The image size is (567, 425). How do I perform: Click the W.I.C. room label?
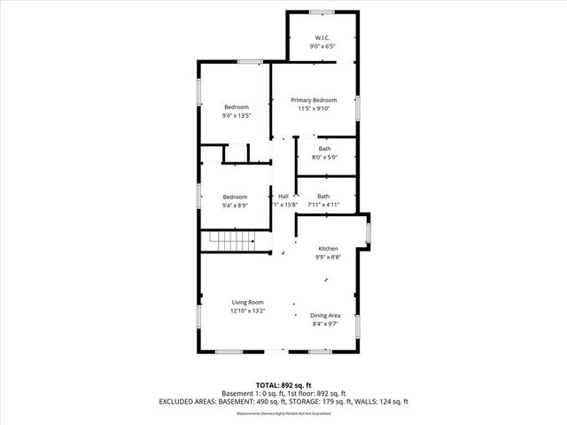(322, 37)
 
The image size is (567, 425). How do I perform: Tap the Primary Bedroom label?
(315, 100)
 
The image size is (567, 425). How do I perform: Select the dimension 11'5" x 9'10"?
(315, 109)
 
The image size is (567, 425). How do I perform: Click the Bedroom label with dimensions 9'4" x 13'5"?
(236, 107)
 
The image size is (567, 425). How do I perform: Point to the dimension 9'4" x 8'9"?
(235, 204)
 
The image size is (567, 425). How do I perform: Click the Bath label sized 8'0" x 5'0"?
(324, 149)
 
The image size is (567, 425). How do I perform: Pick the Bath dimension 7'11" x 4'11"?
(323, 205)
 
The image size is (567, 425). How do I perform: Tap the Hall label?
(283, 196)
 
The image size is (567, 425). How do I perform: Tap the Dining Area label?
(325, 315)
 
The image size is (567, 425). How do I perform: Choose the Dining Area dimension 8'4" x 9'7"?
(325, 324)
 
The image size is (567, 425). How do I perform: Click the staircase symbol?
(237, 241)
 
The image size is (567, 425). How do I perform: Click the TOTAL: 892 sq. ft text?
(283, 386)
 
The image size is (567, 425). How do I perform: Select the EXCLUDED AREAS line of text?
(283, 401)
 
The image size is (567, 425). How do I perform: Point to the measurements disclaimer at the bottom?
(283, 413)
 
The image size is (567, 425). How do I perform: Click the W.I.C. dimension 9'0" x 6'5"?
(322, 46)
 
